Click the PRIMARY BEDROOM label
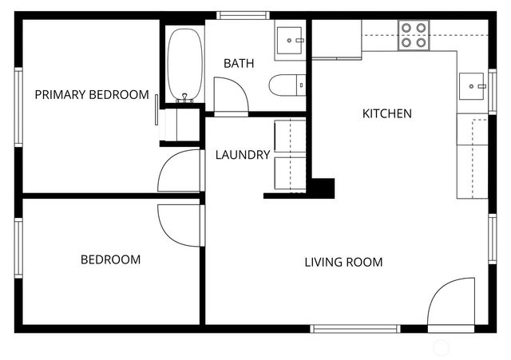pos(92,95)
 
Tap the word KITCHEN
pos(387,113)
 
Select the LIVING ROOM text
pos(343,262)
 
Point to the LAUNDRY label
pos(243,155)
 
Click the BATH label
pos(239,63)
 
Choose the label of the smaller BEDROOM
pos(110,259)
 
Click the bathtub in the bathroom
pos(185,65)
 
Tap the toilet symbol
pos(287,85)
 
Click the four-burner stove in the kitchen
pos(414,35)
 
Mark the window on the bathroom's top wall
pos(244,15)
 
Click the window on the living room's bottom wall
pos(355,328)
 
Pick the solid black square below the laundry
pos(322,188)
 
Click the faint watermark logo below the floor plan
pos(441,347)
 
